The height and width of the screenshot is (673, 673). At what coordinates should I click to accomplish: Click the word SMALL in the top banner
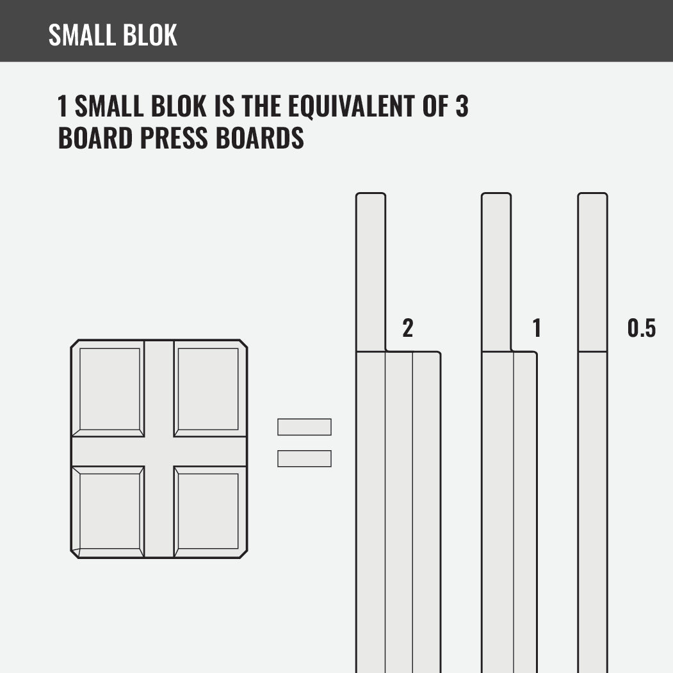coord(81,35)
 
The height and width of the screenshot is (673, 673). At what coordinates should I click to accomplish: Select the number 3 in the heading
coord(462,106)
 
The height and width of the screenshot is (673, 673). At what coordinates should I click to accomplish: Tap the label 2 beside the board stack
coord(408,328)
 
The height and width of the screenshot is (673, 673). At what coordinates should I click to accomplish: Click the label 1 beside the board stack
coord(537,328)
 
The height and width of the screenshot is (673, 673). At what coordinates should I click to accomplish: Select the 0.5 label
coord(642,328)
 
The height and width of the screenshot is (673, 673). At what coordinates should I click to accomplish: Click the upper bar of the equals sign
coord(304,427)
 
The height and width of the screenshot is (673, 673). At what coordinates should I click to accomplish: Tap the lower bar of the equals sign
coord(304,458)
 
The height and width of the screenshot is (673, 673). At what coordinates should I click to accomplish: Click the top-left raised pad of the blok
coord(109,389)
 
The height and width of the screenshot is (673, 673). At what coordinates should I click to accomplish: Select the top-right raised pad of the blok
coord(207,389)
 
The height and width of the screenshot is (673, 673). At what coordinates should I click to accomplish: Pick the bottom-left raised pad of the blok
coord(109,510)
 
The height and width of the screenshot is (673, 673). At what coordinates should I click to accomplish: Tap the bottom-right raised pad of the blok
coord(207,510)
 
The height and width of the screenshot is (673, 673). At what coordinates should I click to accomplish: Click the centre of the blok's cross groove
coord(159,451)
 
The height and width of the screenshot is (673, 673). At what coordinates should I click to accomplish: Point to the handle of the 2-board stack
coord(371,272)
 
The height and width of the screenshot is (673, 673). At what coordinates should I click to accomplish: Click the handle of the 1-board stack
coord(496,272)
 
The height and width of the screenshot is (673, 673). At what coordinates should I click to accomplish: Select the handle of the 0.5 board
coord(592,272)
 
